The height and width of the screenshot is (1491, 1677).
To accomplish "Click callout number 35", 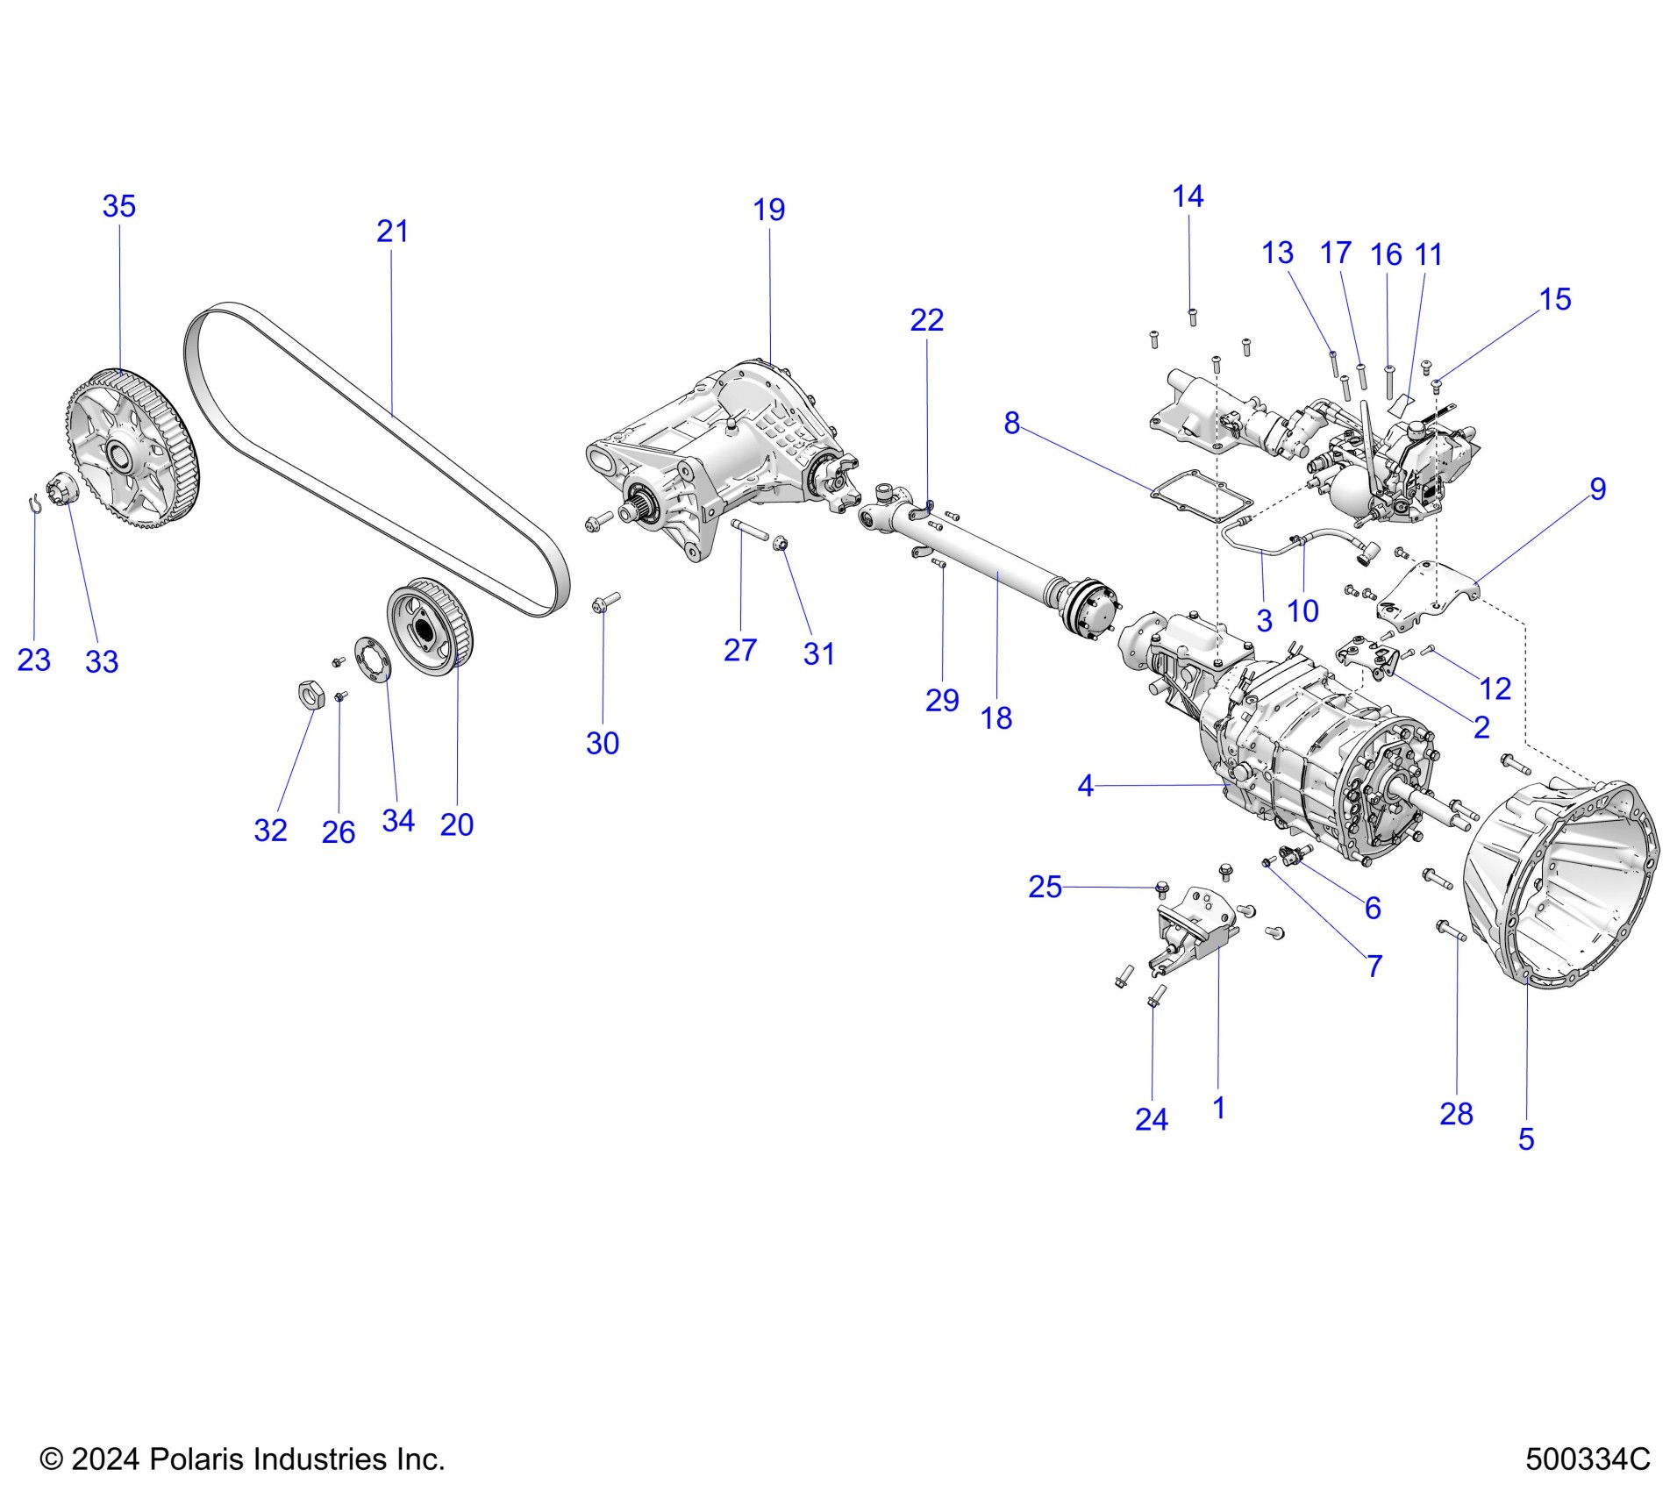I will click(x=119, y=206).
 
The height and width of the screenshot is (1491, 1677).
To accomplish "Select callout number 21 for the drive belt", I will click(x=392, y=232).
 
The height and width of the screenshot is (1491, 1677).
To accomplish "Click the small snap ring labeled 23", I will click(x=33, y=503).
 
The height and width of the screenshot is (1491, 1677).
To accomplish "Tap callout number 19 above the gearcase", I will click(x=769, y=210).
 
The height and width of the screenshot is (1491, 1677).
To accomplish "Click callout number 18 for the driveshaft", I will click(x=996, y=718).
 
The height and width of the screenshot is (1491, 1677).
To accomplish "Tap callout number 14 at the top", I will click(x=1188, y=196).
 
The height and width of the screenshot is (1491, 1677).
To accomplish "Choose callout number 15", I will click(x=1555, y=299).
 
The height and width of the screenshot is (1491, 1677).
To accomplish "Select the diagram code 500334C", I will click(x=1588, y=1459).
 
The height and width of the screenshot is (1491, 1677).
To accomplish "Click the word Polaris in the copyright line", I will click(x=196, y=1459).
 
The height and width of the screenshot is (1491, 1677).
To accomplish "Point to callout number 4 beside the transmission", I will click(x=1086, y=785).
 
